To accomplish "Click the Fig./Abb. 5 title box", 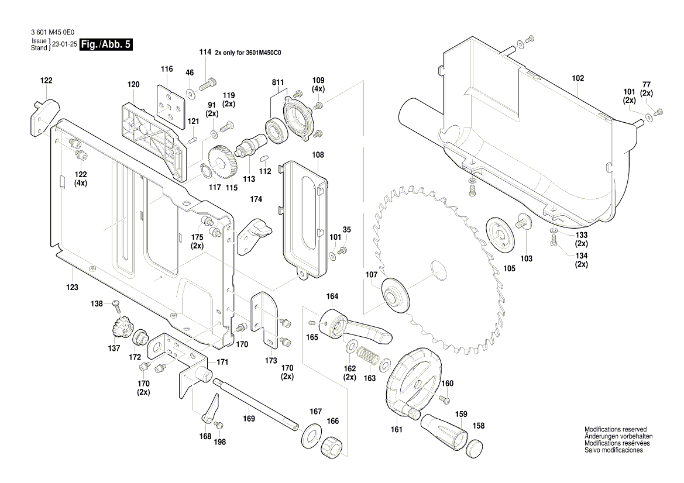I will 105,44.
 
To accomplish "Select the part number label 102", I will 578,78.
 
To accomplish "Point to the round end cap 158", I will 475,447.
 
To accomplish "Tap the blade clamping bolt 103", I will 523,222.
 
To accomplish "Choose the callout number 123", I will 72,287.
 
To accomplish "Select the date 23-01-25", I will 65,44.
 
